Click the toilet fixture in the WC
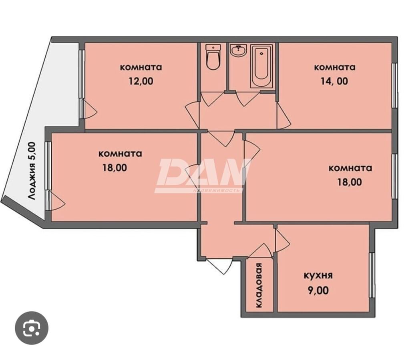213,57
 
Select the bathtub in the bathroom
261,66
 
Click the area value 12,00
141,81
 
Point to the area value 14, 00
334,81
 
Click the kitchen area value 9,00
318,290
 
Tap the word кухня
318,276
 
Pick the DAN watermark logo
203,176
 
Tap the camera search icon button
31,328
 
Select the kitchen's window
372,275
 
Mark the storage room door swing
259,251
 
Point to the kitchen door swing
282,240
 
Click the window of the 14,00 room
395,85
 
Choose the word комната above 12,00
141,67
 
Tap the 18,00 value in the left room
115,168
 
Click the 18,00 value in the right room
350,182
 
